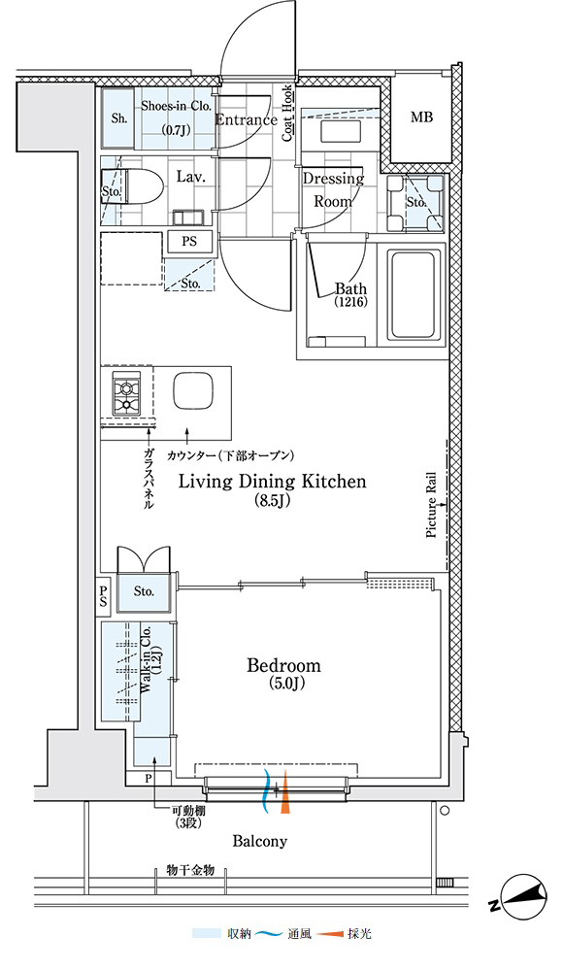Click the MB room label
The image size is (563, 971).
pos(421,117)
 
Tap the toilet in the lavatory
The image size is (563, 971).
pos(140,184)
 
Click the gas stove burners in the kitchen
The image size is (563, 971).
pos(127,396)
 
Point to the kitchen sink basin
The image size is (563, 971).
pos(192,391)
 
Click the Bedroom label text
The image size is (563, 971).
pos(284,666)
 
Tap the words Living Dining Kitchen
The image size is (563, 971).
pos(273,482)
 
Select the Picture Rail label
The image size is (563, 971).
pos(432,505)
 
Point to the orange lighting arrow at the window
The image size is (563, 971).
pos(285,792)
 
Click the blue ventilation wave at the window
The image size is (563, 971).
pos(268,792)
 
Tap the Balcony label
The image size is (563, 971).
pos(260,841)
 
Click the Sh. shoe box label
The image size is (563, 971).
pos(119,118)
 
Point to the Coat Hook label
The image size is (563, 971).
pos(288,114)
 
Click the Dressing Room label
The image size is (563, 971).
pos(333,189)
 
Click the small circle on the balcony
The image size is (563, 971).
pos(444,810)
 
